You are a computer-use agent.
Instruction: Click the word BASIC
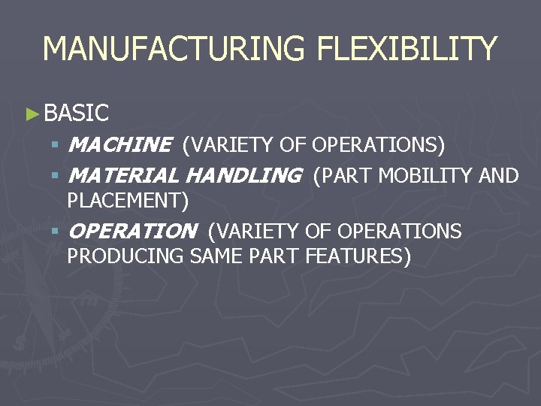[77, 114]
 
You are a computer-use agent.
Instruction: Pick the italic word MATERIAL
[123, 176]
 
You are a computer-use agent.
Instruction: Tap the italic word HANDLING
[242, 176]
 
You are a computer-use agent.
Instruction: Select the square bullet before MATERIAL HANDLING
[55, 176]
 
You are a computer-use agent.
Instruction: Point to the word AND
[499, 176]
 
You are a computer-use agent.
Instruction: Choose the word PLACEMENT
[125, 201]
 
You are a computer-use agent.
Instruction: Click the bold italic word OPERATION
[131, 232]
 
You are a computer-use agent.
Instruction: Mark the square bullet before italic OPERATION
[55, 232]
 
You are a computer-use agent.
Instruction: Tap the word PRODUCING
[125, 256]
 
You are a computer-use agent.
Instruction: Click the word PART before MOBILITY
[349, 176]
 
